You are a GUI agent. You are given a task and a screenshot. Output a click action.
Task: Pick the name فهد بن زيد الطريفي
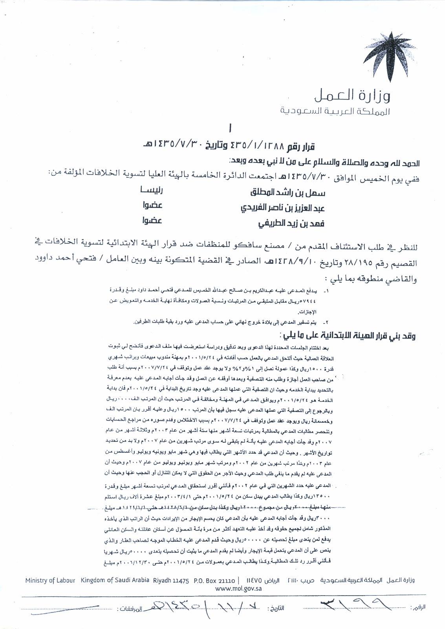tap(291, 224)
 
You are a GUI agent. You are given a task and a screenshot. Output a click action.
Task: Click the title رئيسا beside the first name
tap(149, 191)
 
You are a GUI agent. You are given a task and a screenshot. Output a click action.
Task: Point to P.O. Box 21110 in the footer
tap(214, 580)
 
